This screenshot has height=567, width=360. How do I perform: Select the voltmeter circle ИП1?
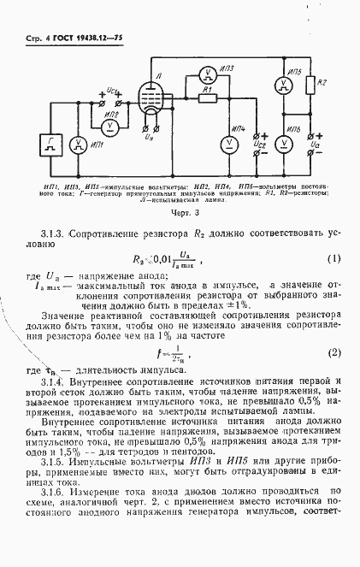[x=98, y=145]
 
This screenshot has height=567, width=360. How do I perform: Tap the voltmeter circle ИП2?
[x=109, y=124]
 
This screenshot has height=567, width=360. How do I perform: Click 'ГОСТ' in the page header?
[x=70, y=40]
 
